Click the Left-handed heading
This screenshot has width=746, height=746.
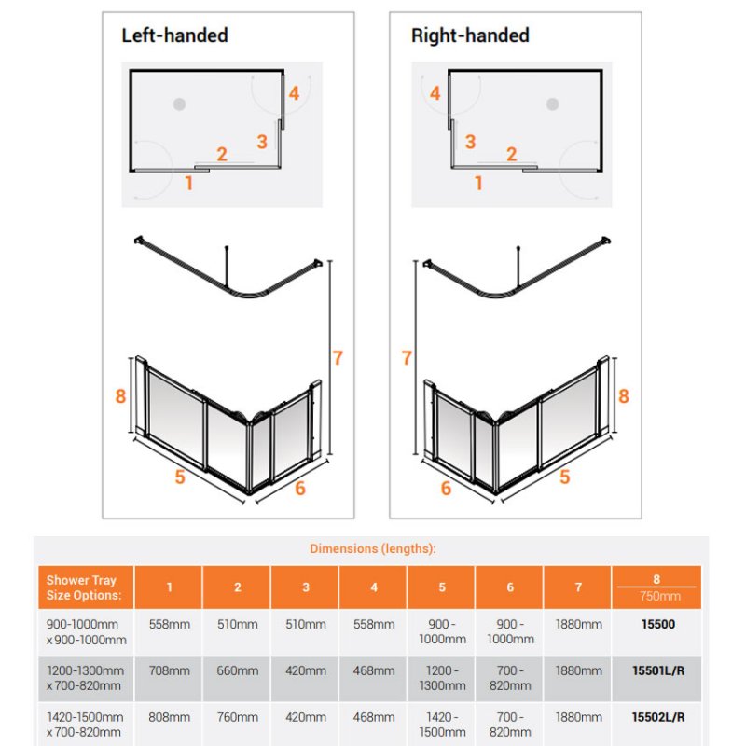(174, 35)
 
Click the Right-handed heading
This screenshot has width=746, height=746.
(470, 35)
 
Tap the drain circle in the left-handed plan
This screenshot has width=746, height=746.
(179, 104)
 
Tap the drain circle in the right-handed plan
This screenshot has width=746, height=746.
(552, 104)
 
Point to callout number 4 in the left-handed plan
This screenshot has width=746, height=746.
(294, 93)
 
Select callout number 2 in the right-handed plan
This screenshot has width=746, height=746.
(511, 154)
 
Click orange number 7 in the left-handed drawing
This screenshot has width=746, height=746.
(338, 358)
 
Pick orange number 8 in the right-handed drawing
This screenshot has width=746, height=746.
(623, 395)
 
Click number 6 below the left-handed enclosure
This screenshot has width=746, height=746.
(299, 488)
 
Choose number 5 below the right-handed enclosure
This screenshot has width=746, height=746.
(565, 477)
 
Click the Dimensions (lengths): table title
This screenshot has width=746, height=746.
(372, 548)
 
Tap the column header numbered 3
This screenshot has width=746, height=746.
(306, 587)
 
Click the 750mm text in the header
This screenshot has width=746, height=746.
(660, 596)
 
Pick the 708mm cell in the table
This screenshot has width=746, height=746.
(170, 670)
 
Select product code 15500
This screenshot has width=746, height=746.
(658, 624)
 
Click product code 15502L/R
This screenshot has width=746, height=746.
(658, 717)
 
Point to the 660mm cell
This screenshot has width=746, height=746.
(238, 670)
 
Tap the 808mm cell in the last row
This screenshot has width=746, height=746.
(170, 717)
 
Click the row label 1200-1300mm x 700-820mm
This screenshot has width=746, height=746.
(85, 678)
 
